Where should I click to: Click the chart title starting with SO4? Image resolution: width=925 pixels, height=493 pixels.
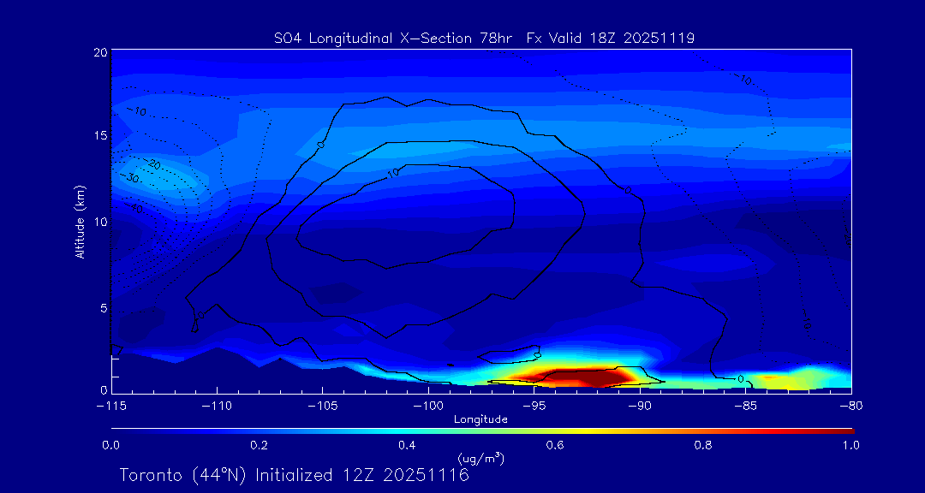(x=484, y=38)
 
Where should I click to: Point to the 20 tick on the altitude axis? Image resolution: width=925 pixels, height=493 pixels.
(x=99, y=52)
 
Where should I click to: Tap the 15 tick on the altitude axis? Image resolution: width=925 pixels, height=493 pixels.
(x=99, y=136)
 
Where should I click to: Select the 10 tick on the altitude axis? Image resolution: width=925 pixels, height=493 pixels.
(x=99, y=221)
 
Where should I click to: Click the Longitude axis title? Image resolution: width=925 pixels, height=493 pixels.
(x=480, y=419)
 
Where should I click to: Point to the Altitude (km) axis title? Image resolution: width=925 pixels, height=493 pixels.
(x=80, y=222)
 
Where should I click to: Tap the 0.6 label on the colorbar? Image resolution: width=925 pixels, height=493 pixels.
(x=554, y=445)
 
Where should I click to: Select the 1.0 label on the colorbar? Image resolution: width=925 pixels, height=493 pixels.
(x=850, y=445)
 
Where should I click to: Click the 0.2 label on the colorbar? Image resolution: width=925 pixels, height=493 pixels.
(x=259, y=445)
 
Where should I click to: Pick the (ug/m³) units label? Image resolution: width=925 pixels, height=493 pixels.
(x=480, y=459)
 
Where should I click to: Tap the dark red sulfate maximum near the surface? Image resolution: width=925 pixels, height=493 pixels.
(x=587, y=377)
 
